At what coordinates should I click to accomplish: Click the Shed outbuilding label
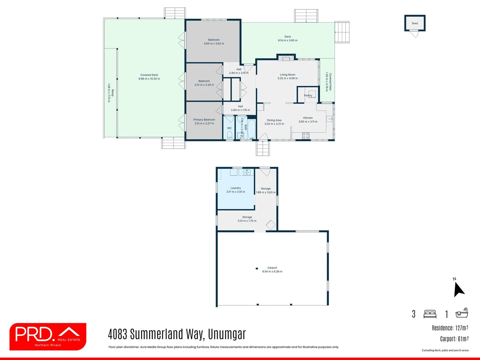(x=415, y=23)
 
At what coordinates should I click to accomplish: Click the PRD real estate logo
(x=48, y=336)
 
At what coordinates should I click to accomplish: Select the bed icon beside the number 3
(x=430, y=314)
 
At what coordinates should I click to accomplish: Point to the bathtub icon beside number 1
(x=462, y=313)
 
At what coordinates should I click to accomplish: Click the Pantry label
(x=308, y=95)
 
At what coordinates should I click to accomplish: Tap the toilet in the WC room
(x=229, y=135)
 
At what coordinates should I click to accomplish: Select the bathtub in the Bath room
(x=251, y=129)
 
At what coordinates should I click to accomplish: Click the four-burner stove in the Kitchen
(x=306, y=136)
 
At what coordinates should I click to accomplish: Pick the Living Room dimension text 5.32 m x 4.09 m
(x=288, y=78)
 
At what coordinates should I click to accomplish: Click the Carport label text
(x=272, y=268)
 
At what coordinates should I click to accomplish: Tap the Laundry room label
(x=236, y=188)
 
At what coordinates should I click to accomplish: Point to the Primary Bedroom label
(x=204, y=120)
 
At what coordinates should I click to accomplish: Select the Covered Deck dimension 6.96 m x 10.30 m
(x=149, y=79)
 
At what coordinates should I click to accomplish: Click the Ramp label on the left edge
(x=113, y=93)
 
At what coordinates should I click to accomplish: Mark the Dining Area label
(x=274, y=120)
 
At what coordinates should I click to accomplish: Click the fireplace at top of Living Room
(x=286, y=58)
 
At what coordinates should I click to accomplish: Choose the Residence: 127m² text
(x=450, y=328)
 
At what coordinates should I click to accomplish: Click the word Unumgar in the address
(x=227, y=334)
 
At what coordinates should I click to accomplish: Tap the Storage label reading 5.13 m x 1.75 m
(x=247, y=221)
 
